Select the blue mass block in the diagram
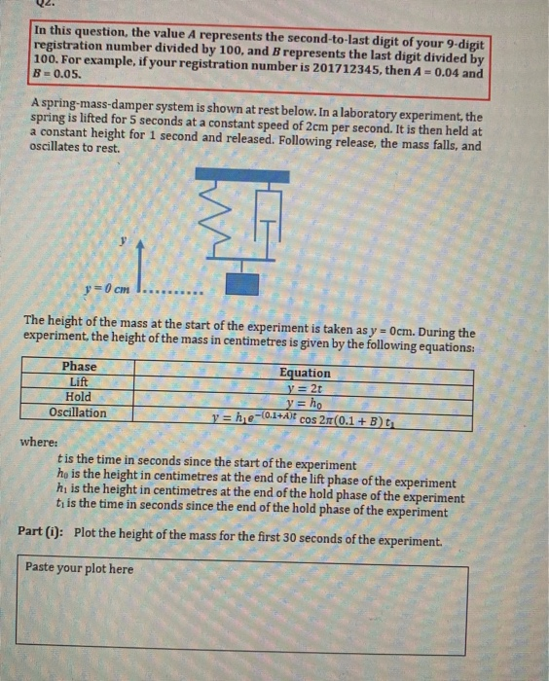click(242, 284)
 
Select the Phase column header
click(79, 367)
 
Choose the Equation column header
click(305, 373)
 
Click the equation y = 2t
click(305, 388)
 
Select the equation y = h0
click(305, 403)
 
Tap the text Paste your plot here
click(80, 567)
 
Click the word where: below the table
click(40, 442)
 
